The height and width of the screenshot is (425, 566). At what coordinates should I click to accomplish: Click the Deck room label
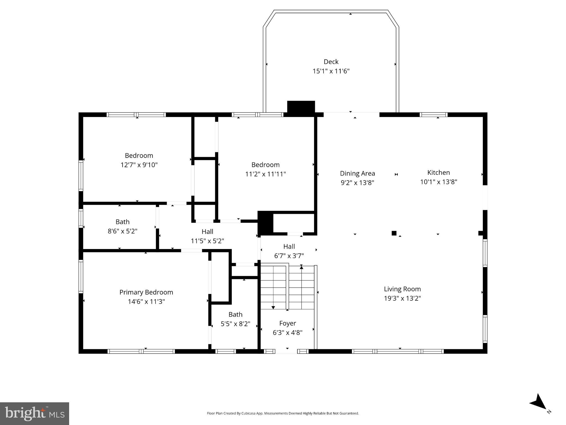click(x=331, y=62)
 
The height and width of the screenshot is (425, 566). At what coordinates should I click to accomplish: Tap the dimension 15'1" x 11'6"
click(x=331, y=71)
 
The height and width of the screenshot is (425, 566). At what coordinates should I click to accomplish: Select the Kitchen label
click(x=439, y=173)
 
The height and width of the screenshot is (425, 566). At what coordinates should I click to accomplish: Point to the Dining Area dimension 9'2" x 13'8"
click(x=357, y=183)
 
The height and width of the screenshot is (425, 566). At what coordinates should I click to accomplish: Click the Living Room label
click(x=402, y=289)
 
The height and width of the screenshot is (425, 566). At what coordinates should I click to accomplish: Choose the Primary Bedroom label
click(x=146, y=292)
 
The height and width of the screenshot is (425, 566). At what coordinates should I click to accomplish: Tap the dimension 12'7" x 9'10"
click(x=139, y=165)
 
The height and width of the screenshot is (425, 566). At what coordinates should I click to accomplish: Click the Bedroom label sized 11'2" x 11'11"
click(x=265, y=165)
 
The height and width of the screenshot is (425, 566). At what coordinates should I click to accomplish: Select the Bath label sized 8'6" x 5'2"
click(x=122, y=222)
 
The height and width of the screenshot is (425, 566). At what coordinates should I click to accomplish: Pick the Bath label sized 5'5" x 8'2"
click(x=235, y=315)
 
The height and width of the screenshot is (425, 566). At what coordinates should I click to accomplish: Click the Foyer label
click(x=288, y=323)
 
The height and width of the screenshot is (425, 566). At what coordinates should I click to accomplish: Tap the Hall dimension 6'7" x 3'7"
click(x=289, y=256)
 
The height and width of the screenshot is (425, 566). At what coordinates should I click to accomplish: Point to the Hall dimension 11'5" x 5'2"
click(x=207, y=241)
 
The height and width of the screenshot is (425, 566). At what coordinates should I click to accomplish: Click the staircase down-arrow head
click(x=273, y=307)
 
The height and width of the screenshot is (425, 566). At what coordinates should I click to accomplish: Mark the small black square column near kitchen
click(x=394, y=233)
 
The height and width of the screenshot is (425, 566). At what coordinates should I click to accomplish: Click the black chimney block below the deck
click(x=301, y=107)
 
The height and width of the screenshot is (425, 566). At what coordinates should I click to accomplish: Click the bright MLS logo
click(x=35, y=413)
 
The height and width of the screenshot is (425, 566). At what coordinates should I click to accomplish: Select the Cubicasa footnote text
click(x=283, y=413)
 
